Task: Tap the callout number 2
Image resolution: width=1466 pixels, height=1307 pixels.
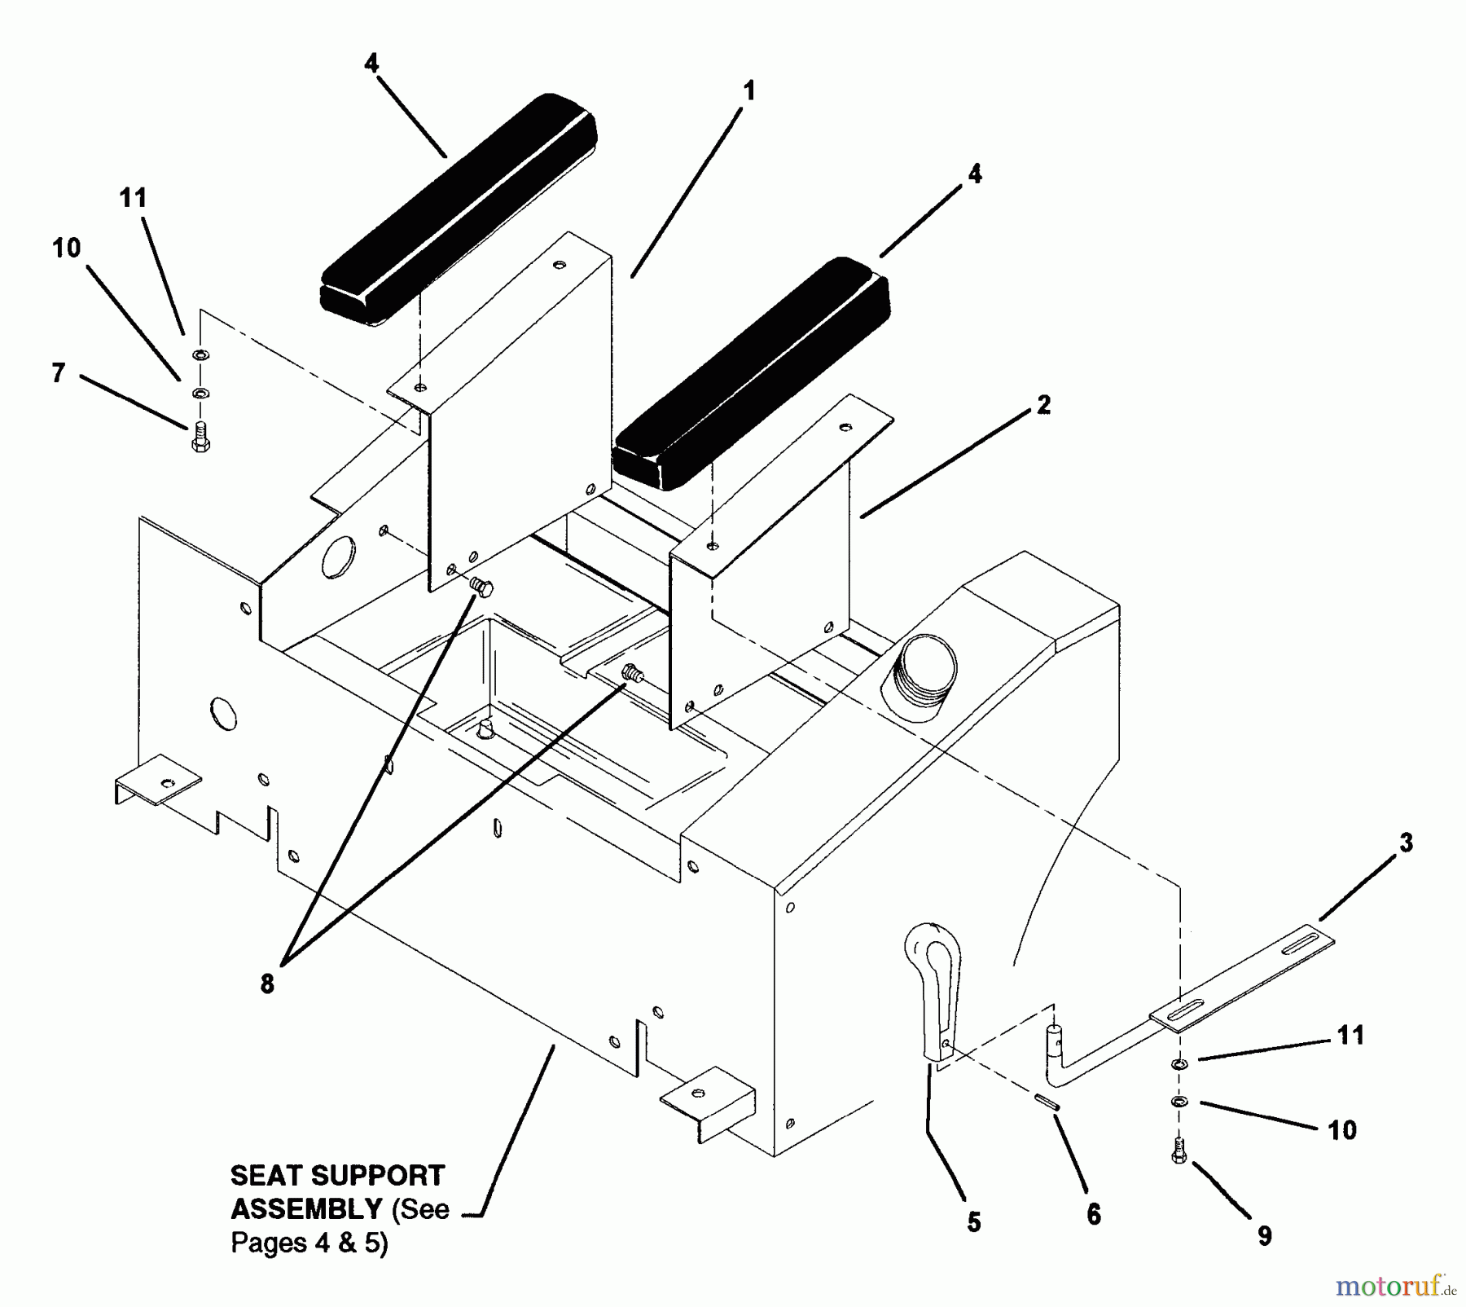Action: click(1044, 405)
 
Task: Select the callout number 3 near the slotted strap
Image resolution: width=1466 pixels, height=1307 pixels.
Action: click(1406, 843)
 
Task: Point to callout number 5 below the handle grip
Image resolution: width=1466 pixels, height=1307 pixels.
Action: click(973, 1222)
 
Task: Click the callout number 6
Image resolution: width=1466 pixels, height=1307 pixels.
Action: click(1093, 1215)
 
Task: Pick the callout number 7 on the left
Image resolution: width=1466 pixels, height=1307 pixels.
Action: click(58, 373)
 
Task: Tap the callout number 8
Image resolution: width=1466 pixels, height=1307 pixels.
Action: click(267, 984)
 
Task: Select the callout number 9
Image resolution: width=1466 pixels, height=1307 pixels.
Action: click(1264, 1236)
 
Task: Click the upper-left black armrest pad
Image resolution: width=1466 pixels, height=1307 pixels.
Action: click(459, 212)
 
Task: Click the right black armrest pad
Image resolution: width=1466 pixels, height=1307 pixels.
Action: click(749, 375)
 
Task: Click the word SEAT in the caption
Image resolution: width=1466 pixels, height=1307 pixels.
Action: click(267, 1176)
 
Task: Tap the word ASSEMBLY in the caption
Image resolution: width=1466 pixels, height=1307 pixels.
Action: click(306, 1208)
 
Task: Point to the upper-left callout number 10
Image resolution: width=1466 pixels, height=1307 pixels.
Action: click(67, 249)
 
